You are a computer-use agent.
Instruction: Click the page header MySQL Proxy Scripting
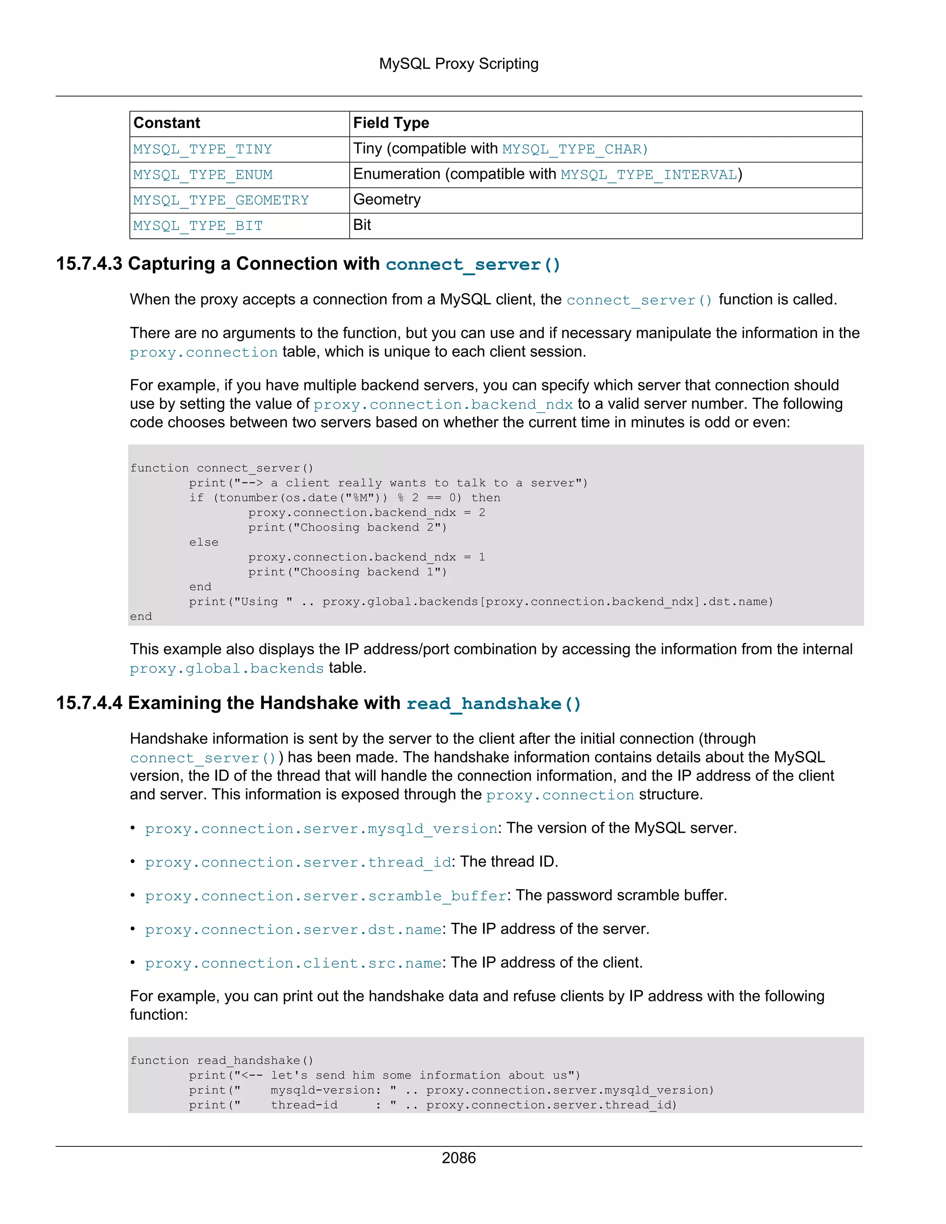click(458, 64)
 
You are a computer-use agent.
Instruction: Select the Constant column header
click(166, 123)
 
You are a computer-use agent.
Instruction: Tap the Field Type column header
click(391, 123)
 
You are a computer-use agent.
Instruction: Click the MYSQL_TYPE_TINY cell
click(202, 149)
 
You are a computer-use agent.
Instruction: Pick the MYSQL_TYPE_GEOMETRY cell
click(221, 200)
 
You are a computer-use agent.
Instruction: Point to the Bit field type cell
click(362, 225)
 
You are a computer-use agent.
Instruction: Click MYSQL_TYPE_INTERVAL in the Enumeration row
click(649, 175)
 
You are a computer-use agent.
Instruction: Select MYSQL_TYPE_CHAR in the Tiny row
click(575, 149)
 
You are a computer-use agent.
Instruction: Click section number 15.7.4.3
click(89, 264)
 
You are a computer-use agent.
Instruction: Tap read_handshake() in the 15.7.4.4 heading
click(493, 703)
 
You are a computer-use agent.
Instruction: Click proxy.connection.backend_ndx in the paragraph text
click(443, 404)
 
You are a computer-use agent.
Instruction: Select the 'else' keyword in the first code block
click(203, 542)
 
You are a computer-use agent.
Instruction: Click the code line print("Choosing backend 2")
click(347, 527)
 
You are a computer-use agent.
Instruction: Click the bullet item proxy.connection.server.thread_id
click(298, 862)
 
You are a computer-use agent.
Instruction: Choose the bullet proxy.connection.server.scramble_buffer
click(326, 896)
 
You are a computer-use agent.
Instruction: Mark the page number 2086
click(458, 1158)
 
